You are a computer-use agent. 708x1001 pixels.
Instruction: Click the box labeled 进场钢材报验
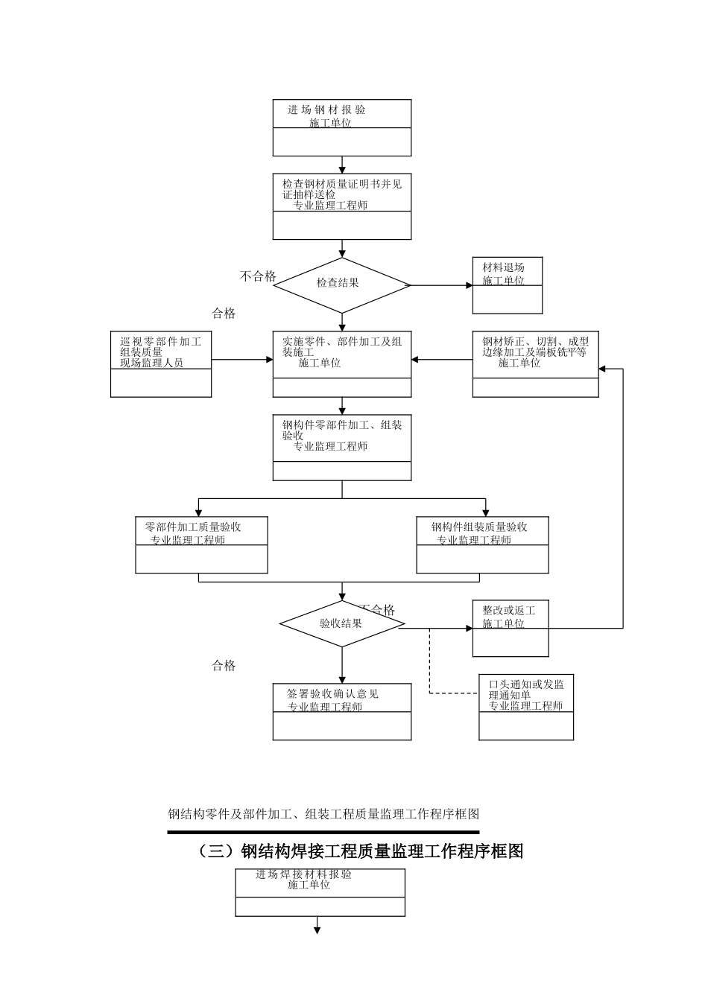pyautogui.click(x=341, y=127)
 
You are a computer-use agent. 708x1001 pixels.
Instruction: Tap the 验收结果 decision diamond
pyautogui.click(x=341, y=623)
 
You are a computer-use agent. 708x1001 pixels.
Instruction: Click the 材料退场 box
pyautogui.click(x=507, y=285)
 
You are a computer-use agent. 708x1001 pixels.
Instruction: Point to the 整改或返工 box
pyautogui.click(x=511, y=628)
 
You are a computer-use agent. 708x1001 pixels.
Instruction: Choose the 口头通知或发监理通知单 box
pyautogui.click(x=526, y=707)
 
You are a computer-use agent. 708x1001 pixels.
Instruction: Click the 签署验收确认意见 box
pyautogui.click(x=341, y=711)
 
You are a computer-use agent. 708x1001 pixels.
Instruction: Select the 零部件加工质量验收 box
pyautogui.click(x=201, y=545)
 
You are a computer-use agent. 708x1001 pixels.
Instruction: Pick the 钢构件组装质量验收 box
pyautogui.click(x=482, y=545)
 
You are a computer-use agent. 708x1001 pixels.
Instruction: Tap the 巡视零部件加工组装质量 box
pyautogui.click(x=161, y=363)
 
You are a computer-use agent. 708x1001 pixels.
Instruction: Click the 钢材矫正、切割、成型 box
pyautogui.click(x=535, y=363)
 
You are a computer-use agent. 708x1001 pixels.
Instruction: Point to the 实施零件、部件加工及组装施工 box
pyautogui.click(x=341, y=363)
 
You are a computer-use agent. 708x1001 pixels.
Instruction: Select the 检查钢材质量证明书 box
pyautogui.click(x=341, y=206)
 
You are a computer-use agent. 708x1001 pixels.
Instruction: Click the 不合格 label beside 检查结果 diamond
pyautogui.click(x=258, y=276)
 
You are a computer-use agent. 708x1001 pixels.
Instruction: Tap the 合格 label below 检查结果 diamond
pyautogui.click(x=224, y=314)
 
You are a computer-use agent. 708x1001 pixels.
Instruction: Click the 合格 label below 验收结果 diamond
pyautogui.click(x=224, y=666)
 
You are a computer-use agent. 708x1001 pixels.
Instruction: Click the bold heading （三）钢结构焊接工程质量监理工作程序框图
pyautogui.click(x=361, y=851)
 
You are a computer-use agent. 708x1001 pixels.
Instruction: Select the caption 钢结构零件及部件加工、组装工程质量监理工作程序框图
pyautogui.click(x=323, y=814)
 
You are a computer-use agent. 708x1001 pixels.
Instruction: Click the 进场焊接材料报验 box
pyautogui.click(x=320, y=892)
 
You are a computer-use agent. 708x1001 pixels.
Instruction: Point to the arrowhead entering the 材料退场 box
pyautogui.click(x=469, y=285)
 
